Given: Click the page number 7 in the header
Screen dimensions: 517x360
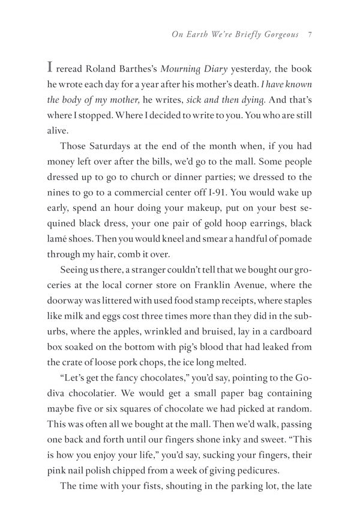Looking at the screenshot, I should (x=308, y=34).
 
